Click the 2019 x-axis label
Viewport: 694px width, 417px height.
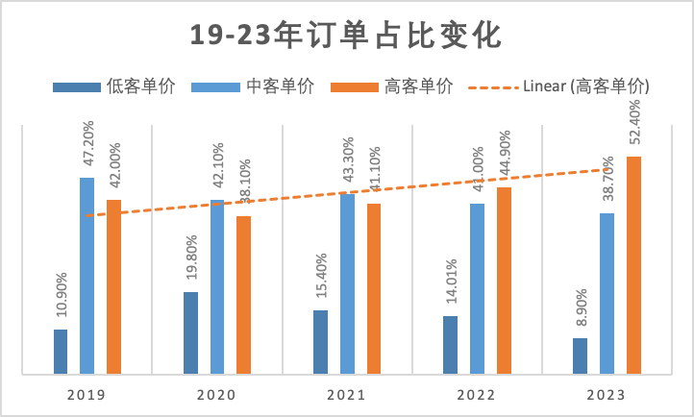[x=87, y=395]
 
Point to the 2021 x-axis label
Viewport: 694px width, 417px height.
[x=346, y=395]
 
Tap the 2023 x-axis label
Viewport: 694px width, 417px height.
[x=606, y=395]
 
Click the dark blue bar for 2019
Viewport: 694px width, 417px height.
[x=61, y=351]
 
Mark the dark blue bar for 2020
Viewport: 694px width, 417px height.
[x=191, y=331]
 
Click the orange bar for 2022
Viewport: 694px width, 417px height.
[x=504, y=280]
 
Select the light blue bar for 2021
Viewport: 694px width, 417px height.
[x=347, y=283]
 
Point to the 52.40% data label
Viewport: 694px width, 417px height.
[x=633, y=122]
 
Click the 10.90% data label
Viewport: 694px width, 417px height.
[x=61, y=295]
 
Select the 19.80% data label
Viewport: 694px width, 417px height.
[x=191, y=258]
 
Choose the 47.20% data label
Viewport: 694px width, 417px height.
[x=87, y=143]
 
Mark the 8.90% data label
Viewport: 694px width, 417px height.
[x=580, y=309]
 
